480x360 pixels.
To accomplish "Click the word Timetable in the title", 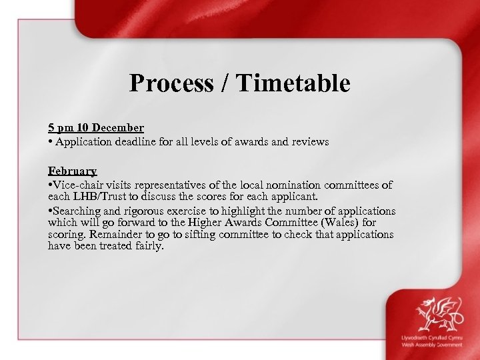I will click(293, 83).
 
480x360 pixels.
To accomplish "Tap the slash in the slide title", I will click(224, 83).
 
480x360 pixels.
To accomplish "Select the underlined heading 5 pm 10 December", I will click(96, 127).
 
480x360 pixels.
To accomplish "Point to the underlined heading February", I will click(73, 171).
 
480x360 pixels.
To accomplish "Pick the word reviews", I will click(308, 141).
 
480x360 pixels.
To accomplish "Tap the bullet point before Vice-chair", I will click(51, 185).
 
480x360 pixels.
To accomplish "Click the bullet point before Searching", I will click(51, 211).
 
